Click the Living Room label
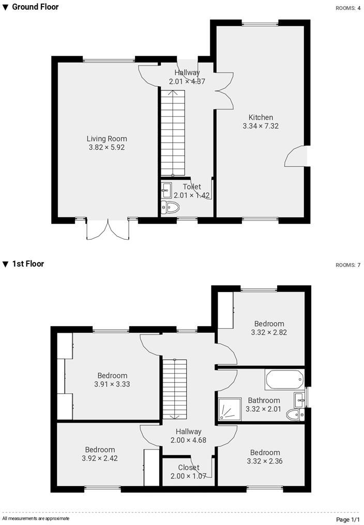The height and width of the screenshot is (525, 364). (x=107, y=138)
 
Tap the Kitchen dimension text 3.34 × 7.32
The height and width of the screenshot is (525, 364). (x=261, y=126)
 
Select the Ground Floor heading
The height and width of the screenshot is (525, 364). (x=35, y=7)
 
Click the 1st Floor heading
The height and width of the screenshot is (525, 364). (x=28, y=264)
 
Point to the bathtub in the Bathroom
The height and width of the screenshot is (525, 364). (x=283, y=380)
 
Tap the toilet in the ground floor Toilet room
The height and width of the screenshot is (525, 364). (x=171, y=208)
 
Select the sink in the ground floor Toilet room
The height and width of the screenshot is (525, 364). (x=166, y=190)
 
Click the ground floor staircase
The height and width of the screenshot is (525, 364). (x=172, y=133)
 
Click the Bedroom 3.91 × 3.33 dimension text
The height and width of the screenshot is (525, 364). (x=112, y=384)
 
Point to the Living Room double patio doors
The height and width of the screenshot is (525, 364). (x=108, y=229)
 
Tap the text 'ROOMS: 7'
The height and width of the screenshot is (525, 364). (x=347, y=265)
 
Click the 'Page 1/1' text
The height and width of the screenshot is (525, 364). (x=347, y=519)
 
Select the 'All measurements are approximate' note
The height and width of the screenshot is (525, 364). (x=36, y=518)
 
